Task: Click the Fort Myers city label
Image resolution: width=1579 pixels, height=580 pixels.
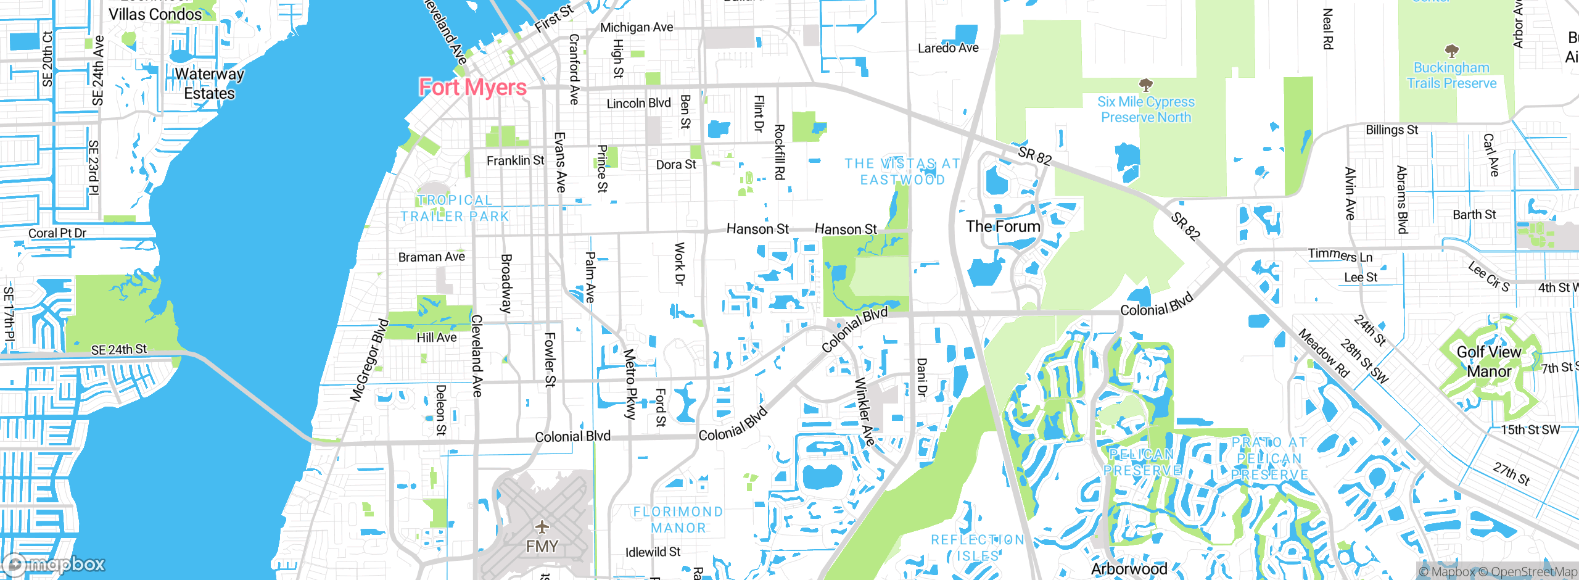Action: click(x=472, y=88)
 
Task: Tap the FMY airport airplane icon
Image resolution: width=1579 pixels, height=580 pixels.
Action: click(x=542, y=527)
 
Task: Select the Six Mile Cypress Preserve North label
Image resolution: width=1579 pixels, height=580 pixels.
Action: click(x=1145, y=109)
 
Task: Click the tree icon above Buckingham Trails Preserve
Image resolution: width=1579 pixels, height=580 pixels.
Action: click(x=1451, y=51)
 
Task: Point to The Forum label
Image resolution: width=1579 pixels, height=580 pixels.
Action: click(x=1003, y=226)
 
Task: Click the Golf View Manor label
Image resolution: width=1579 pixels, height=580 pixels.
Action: click(x=1488, y=362)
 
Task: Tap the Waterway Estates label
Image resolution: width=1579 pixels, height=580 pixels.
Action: click(x=209, y=83)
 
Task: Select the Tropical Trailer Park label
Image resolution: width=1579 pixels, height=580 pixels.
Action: click(x=455, y=208)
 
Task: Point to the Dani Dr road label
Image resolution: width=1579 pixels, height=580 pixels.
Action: click(x=921, y=377)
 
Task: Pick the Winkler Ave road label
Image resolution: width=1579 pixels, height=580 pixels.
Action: click(x=864, y=412)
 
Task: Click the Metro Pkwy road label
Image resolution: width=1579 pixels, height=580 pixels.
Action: click(x=629, y=384)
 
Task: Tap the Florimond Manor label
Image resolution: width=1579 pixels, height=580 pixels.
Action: click(x=678, y=520)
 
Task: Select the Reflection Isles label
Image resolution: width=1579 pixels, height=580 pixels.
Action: click(x=978, y=547)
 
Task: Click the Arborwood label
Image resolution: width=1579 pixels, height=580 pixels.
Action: click(x=1129, y=568)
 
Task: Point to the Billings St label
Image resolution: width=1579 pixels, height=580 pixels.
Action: click(x=1391, y=130)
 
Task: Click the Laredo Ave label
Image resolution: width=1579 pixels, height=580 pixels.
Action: click(x=948, y=48)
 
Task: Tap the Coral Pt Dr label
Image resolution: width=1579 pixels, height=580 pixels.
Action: click(x=57, y=233)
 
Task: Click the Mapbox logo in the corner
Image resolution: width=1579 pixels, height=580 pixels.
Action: click(x=54, y=564)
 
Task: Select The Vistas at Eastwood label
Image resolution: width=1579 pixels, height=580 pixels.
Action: click(x=902, y=172)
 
